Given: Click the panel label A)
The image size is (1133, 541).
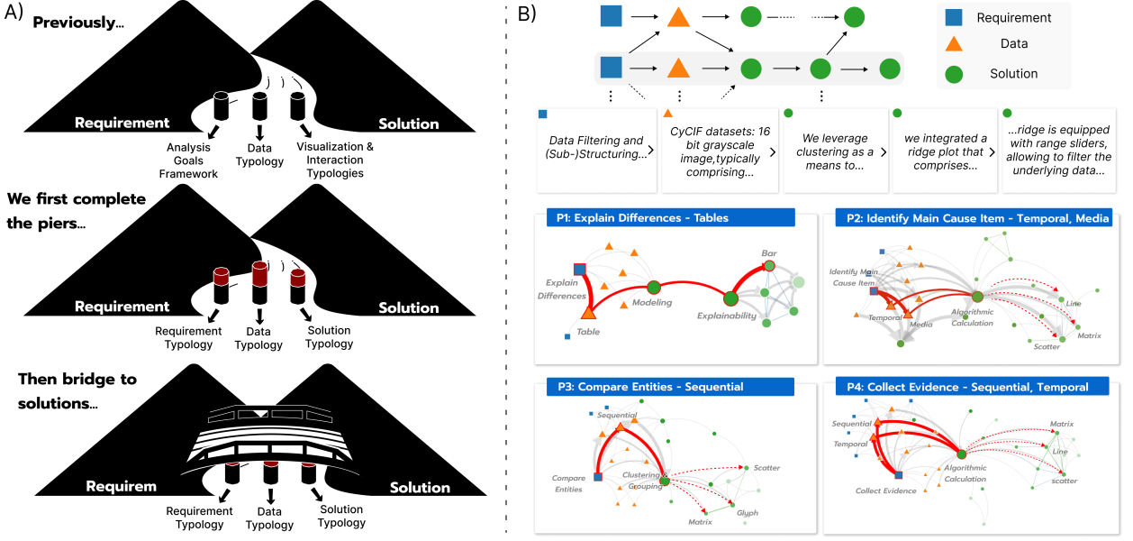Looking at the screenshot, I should pos(14,14).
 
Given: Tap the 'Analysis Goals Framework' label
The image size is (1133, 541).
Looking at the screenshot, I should pos(193,160).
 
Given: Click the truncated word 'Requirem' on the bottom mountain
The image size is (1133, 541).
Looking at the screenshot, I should pos(122,487).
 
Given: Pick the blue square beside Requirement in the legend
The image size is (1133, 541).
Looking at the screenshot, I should pos(953,17).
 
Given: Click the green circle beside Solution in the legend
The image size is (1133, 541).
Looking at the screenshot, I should pos(953,74).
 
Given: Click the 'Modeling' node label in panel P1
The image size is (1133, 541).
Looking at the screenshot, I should pos(651,303).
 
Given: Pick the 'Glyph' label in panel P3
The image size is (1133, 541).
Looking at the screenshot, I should pos(748,513).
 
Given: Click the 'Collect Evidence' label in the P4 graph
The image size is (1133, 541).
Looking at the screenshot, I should pos(885,491).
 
